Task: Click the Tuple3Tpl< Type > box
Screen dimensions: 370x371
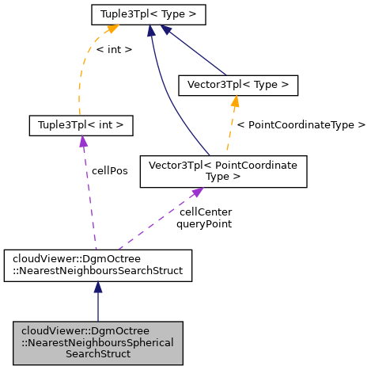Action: tap(149, 14)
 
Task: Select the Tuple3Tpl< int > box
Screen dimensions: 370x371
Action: tap(80, 125)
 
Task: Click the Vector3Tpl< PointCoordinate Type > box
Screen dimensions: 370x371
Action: tap(223, 171)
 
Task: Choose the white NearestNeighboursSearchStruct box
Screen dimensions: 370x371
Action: tap(98, 263)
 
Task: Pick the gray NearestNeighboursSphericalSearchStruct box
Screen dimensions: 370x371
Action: tap(98, 341)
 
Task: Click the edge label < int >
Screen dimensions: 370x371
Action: tap(114, 50)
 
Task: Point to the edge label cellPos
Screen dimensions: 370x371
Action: tap(110, 170)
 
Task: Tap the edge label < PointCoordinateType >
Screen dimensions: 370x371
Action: tap(301, 124)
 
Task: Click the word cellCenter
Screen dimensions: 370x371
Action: tap(206, 212)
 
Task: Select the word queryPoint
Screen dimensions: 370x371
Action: tap(204, 224)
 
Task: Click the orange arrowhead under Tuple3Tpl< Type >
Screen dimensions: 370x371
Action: tap(112, 29)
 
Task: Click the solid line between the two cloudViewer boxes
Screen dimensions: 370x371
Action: tap(98, 305)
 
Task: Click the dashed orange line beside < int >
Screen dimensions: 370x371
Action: tap(81, 79)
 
